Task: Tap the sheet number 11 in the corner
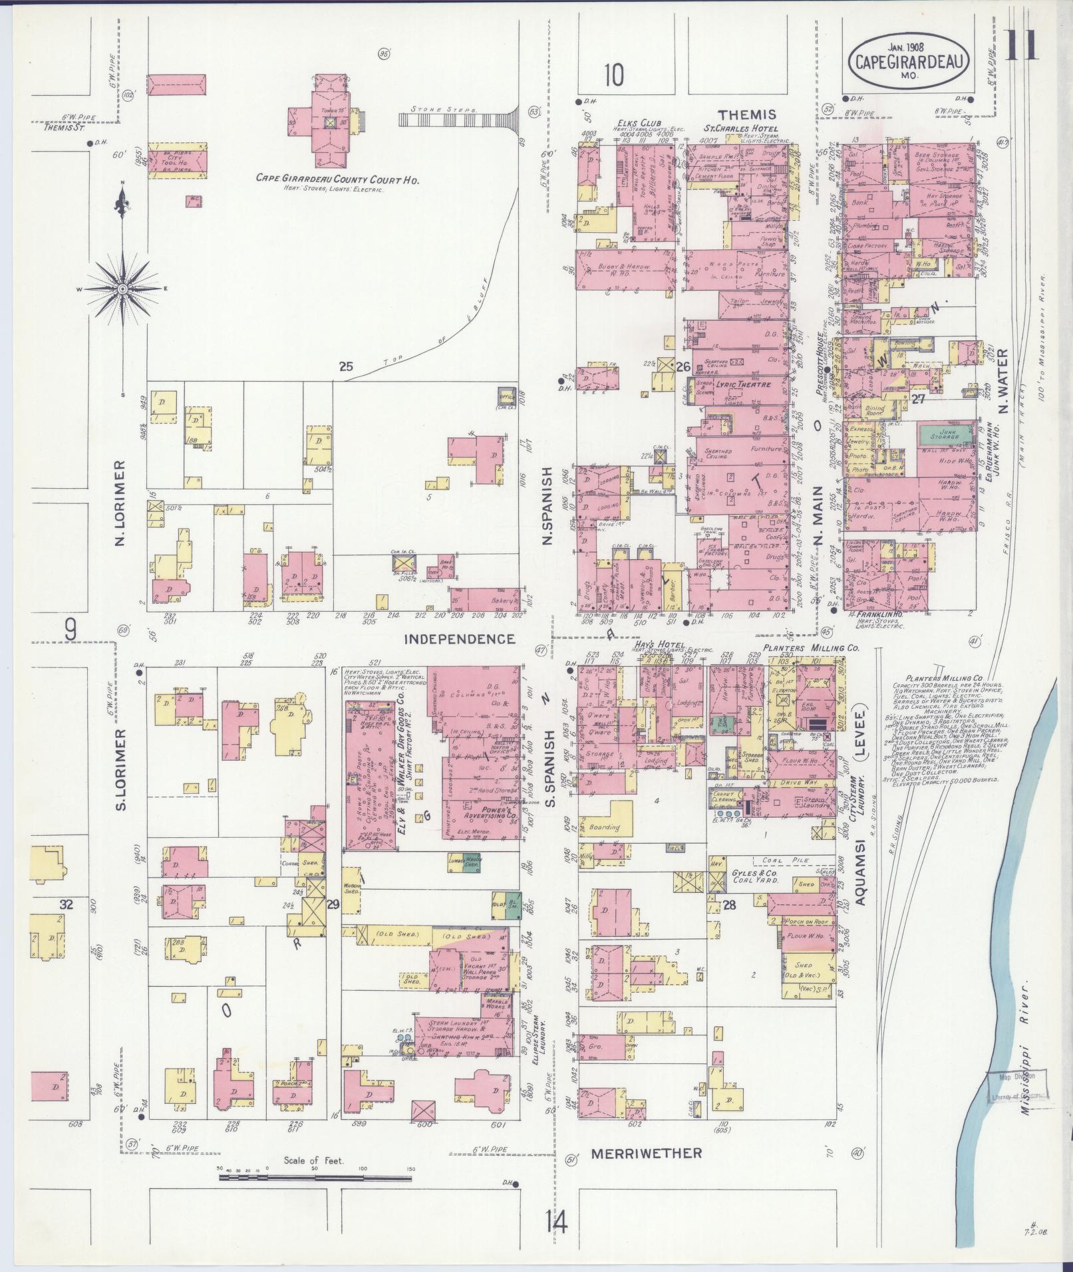tap(1026, 47)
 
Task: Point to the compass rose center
tap(123, 290)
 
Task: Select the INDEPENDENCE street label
tap(460, 639)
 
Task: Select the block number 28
tap(730, 904)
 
